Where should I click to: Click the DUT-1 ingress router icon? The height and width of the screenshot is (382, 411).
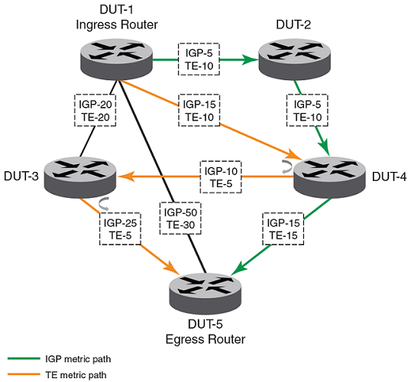(116, 60)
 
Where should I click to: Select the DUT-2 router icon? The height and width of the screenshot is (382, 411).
(295, 60)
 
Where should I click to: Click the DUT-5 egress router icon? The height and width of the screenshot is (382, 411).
(205, 293)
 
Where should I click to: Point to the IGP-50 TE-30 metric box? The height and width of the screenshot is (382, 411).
(180, 219)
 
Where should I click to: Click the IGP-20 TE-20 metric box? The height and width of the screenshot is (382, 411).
(95, 110)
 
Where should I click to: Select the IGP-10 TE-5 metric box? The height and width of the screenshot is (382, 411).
(221, 177)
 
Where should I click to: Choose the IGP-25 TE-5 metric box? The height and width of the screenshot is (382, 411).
(120, 229)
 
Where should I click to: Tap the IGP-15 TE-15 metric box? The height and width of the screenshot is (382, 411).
(283, 229)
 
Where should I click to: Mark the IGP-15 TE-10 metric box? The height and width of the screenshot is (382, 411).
(199, 110)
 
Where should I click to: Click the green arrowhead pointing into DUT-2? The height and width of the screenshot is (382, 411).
(251, 60)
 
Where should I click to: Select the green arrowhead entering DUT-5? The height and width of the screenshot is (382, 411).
(239, 268)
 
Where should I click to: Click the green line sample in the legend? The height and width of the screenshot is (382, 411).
(24, 358)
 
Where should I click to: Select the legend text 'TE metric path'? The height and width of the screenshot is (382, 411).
(76, 375)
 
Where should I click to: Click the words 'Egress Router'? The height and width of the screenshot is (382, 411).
(205, 339)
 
